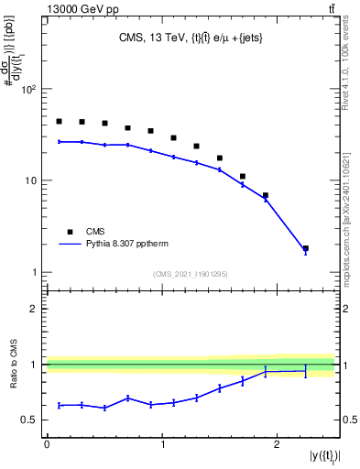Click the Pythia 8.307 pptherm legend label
point(133,245)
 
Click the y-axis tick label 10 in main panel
point(33,180)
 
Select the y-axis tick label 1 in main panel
point(36,272)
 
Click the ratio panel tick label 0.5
point(31,420)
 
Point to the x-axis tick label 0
point(47,443)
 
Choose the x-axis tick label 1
point(162,443)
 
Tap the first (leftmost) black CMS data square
point(59,121)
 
